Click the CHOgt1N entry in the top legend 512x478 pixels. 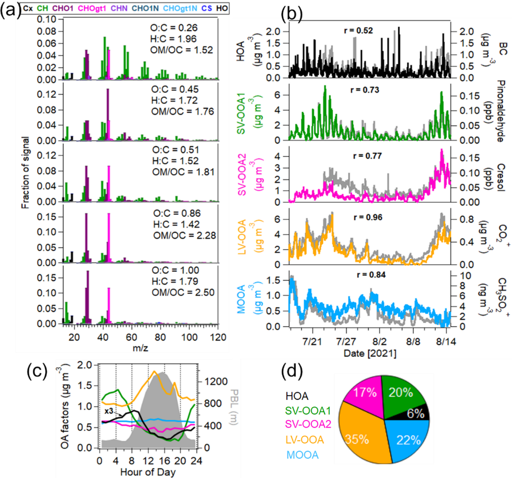(x=180, y=8)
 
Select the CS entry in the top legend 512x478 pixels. (x=207, y=8)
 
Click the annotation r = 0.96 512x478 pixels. (x=368, y=218)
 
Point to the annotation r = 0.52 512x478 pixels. (x=359, y=30)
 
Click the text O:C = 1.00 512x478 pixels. (x=175, y=270)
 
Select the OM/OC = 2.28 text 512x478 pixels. (x=185, y=236)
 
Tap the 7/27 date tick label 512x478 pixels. (x=346, y=341)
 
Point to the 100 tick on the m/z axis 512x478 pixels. (x=189, y=337)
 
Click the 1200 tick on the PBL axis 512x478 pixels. (x=216, y=381)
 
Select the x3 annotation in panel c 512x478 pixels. (x=109, y=411)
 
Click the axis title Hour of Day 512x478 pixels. (x=148, y=472)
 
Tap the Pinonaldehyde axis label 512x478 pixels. (x=501, y=111)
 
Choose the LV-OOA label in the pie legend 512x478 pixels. (x=305, y=440)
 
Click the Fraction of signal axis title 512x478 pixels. (x=25, y=173)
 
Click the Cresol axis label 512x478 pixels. (x=501, y=178)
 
